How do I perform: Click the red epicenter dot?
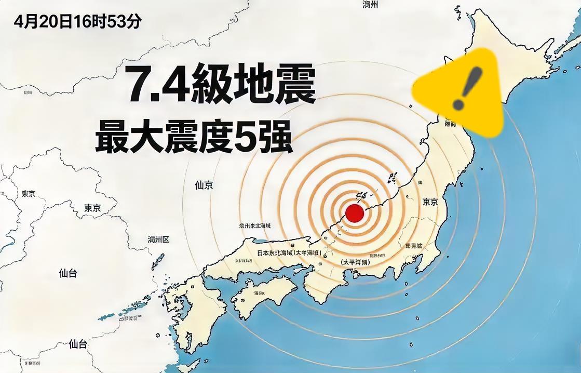coord(355,214)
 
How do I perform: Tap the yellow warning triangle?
coord(459,91)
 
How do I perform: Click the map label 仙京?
coord(204,185)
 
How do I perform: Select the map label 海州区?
coord(158,239)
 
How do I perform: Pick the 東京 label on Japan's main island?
coord(430,202)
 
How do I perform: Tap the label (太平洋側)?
coord(356,263)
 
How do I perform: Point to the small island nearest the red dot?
coord(361,197)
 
